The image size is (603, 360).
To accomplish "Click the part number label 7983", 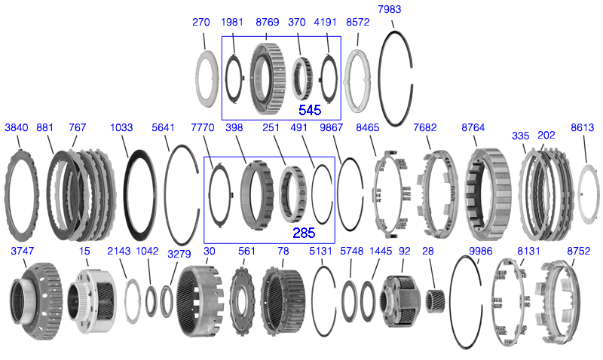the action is [389, 9].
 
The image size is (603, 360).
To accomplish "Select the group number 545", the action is [310, 110].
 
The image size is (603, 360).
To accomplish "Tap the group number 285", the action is [304, 233].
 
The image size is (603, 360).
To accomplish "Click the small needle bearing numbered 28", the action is [436, 301].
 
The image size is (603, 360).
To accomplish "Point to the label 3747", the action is [23, 251].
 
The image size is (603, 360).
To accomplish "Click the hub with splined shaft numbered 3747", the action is [35, 301].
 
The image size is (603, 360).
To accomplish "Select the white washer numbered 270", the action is [207, 79].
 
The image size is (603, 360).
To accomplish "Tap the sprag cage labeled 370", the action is [302, 79].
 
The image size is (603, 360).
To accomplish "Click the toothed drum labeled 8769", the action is [268, 78].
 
